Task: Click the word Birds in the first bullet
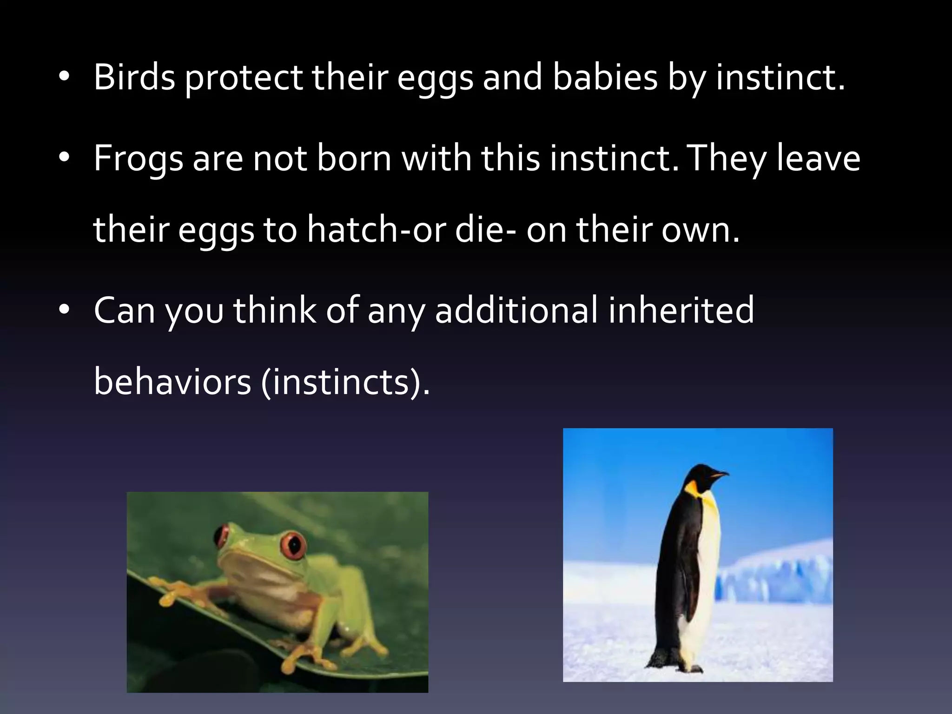click(134, 77)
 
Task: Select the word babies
click(605, 77)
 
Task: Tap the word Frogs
click(138, 159)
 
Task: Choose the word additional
click(516, 311)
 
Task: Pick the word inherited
click(681, 311)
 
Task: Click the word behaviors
click(172, 382)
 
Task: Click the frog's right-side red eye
click(293, 544)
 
